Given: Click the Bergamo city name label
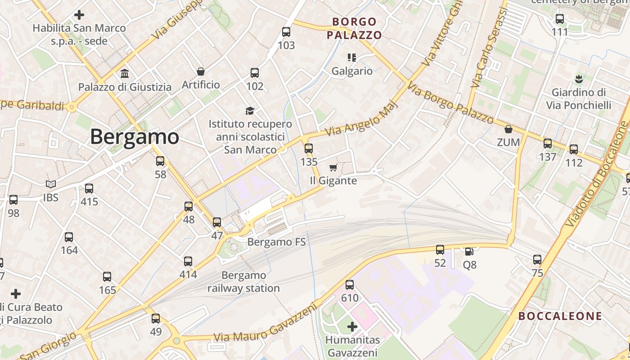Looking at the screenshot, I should pos(135,136).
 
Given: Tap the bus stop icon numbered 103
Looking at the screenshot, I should pos(286,32).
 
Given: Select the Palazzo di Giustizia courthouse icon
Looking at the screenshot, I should pos(125,73).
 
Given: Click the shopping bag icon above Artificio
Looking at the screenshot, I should pos(201,72).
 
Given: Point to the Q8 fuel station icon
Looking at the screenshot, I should pos(469,252).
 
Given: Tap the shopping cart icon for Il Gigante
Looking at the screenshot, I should pos(333,168).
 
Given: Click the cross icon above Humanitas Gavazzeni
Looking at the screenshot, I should pos(352,327).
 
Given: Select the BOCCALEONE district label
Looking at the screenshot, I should pos(560,316).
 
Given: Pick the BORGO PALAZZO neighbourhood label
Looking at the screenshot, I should pos(354,28).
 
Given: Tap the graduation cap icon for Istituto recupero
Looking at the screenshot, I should pos(250,111).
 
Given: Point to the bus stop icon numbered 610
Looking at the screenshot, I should pos(350,285).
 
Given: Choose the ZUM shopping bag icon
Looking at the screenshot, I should pos(508,130).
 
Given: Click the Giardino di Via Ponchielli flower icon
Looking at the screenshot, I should pos(579,79).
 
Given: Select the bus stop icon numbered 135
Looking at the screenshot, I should pos(309,148).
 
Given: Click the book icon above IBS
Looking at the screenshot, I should pos(51,184).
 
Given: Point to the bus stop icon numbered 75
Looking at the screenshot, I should pos(537,260).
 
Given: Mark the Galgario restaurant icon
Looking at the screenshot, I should pos(352,58).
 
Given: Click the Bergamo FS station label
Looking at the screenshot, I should pos(276,242).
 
